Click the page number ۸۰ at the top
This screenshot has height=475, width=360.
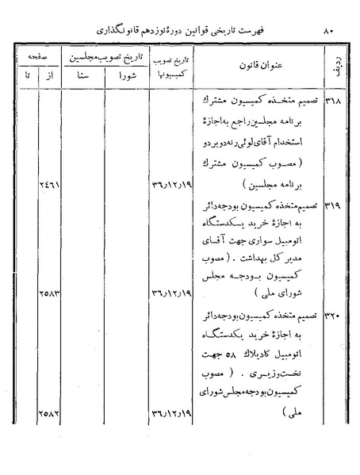coord(329,30)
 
